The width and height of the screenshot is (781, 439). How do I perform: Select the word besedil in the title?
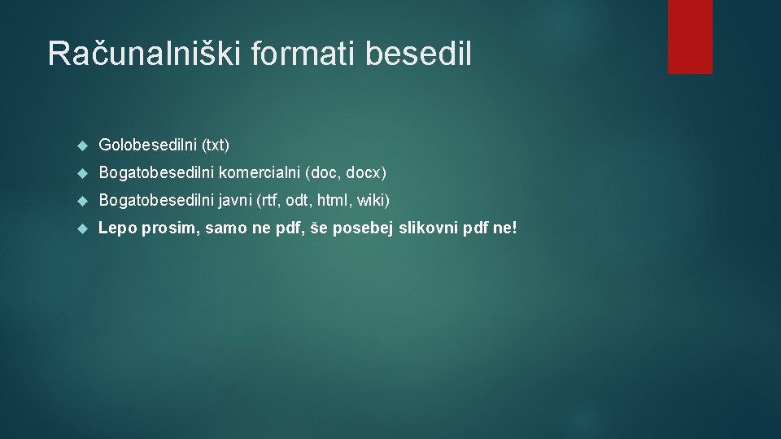coord(418,54)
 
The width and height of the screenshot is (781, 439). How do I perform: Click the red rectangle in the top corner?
coord(690,36)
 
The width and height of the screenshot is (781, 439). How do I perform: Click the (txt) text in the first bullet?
coord(216,146)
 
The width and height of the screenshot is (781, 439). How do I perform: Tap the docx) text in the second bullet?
coord(364,173)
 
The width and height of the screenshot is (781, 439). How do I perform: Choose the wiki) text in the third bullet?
coord(373,200)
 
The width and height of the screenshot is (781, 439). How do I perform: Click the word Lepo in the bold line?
coord(117,228)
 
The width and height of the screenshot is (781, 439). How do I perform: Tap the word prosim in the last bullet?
coord(171,228)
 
